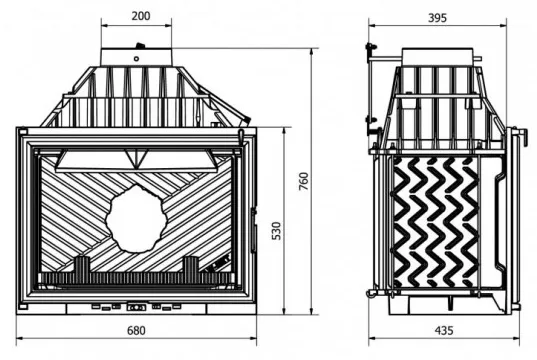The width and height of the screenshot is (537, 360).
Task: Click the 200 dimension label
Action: (x=141, y=16)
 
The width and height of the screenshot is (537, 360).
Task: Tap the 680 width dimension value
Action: (x=136, y=331)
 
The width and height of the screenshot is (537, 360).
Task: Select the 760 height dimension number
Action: (x=303, y=181)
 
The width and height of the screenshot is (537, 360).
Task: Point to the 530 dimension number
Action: (x=276, y=231)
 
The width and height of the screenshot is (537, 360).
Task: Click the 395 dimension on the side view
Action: (x=437, y=17)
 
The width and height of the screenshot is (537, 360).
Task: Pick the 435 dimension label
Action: (x=444, y=331)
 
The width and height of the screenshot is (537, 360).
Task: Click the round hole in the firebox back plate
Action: (x=136, y=219)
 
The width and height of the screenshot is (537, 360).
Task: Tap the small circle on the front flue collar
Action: (x=136, y=59)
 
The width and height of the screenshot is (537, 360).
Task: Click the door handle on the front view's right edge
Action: (x=253, y=230)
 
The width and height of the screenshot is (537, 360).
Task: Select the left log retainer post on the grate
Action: (x=82, y=265)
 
